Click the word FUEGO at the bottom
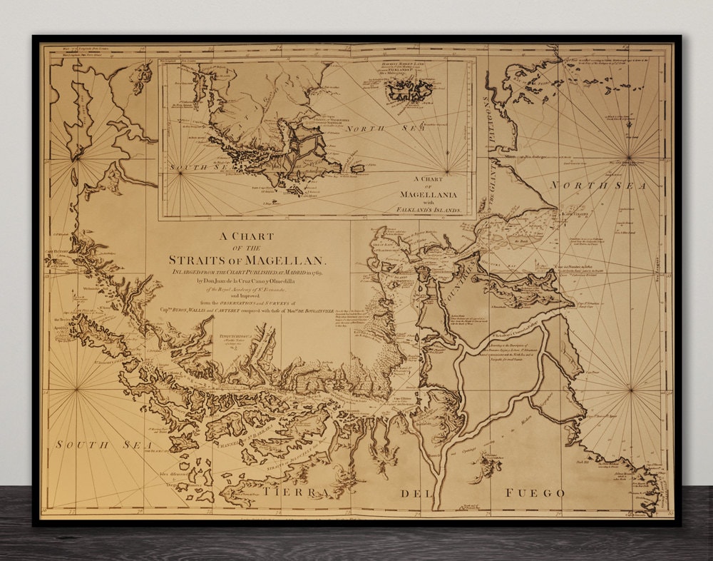point(535,493)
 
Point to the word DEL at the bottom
point(412,493)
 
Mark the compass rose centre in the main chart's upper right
point(629,158)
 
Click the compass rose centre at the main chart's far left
point(76,390)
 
